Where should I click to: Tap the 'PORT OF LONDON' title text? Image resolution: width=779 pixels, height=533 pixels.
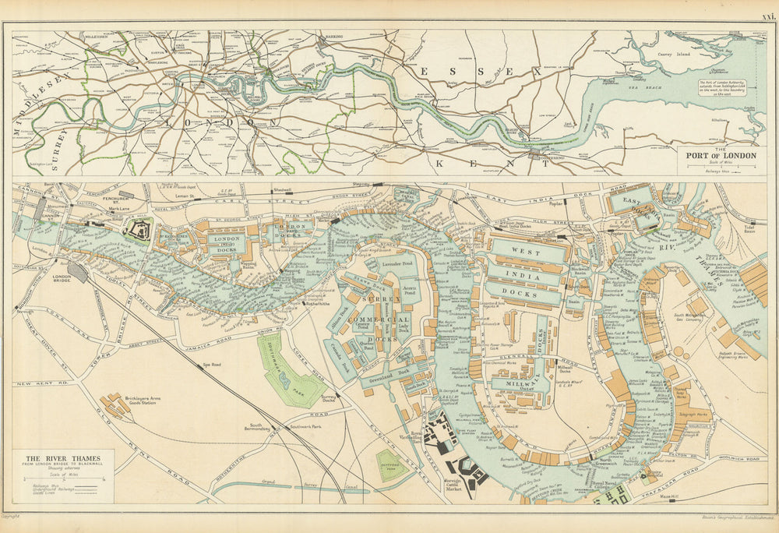click(x=721, y=155)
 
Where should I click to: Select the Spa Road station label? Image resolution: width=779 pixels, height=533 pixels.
click(x=207, y=365)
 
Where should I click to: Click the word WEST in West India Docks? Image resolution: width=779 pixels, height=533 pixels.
click(x=525, y=252)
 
